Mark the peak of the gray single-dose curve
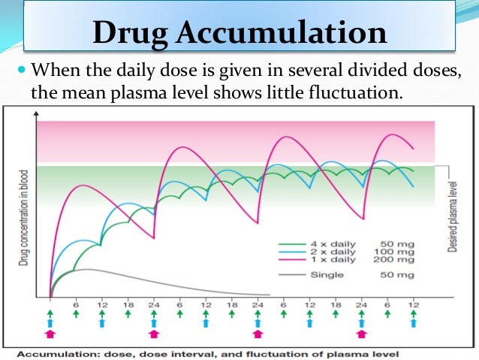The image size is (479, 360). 87,269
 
